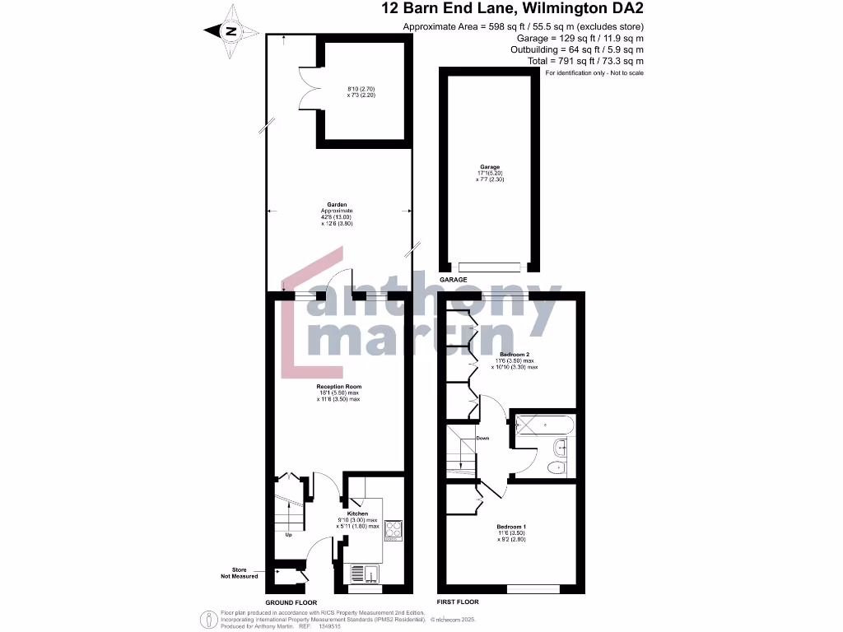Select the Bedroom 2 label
(x=515, y=354)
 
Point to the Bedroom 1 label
(x=511, y=526)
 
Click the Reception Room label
(x=339, y=386)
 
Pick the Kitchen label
(x=357, y=513)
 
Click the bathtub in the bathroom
(x=542, y=427)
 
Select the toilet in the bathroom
(x=557, y=467)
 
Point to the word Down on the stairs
(x=482, y=438)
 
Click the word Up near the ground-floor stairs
(x=288, y=535)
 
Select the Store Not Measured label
(x=240, y=573)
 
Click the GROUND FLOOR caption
(x=291, y=602)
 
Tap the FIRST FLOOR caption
(x=458, y=602)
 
